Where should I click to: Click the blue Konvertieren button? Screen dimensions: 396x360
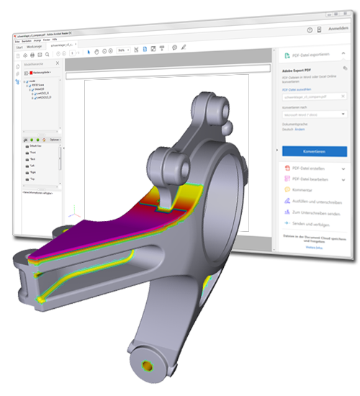coord(314,152)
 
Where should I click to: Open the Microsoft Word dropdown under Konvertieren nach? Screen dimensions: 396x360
coord(314,114)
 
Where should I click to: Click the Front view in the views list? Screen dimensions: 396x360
coord(34,153)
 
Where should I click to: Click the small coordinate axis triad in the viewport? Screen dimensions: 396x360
coord(72,215)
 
